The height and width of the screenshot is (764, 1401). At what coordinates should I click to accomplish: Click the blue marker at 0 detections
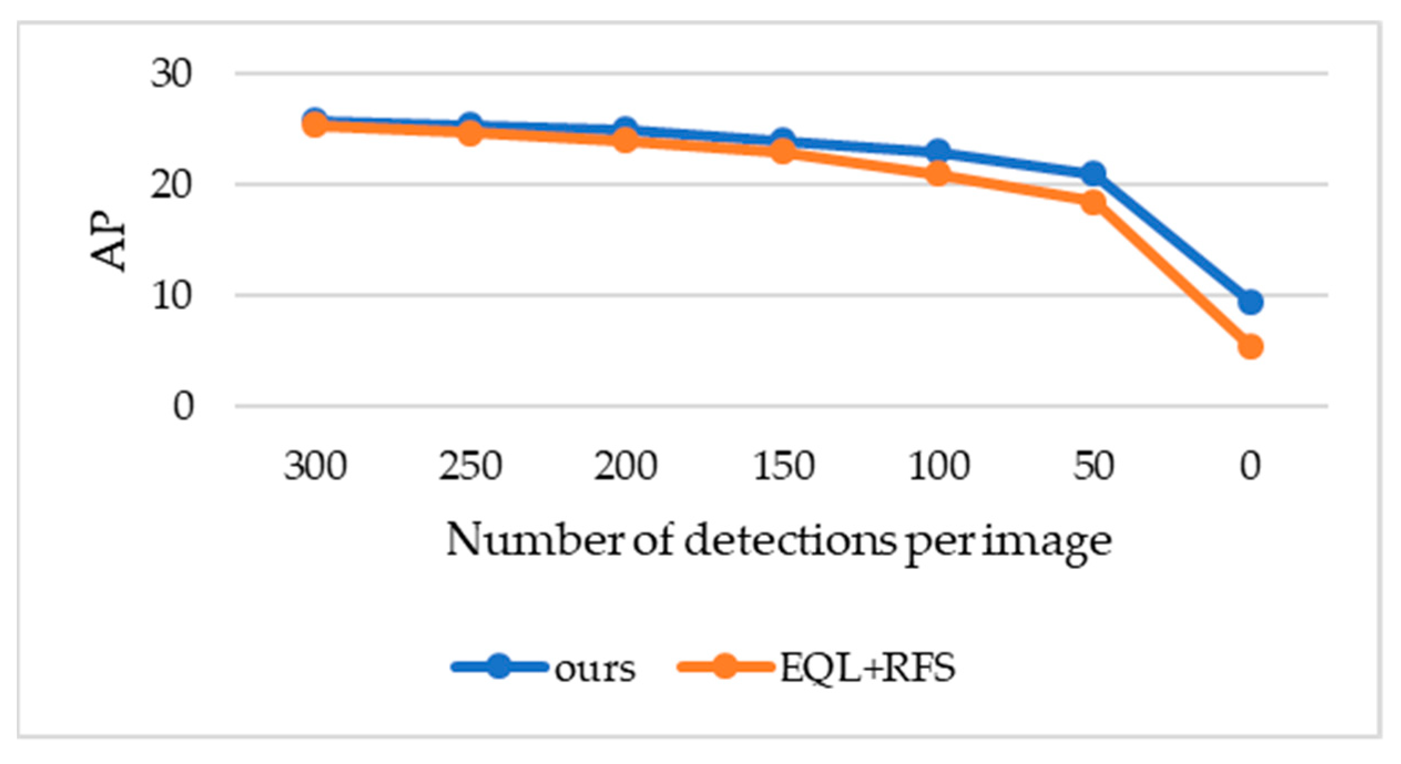tap(1250, 302)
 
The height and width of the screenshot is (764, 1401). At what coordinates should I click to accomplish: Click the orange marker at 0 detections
tap(1250, 347)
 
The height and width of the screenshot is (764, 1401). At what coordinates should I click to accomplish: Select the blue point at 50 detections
tap(1093, 173)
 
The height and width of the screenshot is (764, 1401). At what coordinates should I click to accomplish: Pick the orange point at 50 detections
tap(1093, 202)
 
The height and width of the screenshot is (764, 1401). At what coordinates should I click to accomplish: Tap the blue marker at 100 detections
tap(938, 151)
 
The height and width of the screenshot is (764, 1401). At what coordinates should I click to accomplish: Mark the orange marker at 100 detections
tap(938, 174)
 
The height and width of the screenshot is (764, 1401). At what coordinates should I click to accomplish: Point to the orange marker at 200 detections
tap(626, 140)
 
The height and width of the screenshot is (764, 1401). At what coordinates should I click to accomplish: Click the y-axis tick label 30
tap(171, 74)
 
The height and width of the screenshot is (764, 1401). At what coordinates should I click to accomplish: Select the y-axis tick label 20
tap(171, 185)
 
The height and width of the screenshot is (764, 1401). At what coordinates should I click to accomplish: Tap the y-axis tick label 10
tap(171, 296)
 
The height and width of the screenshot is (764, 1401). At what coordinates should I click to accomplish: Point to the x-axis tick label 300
tap(315, 466)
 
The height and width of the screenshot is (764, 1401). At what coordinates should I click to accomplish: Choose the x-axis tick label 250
tap(471, 466)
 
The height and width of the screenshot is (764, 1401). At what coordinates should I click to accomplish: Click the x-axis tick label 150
tap(783, 466)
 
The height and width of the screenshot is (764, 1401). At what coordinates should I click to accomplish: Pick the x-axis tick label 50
tap(1093, 466)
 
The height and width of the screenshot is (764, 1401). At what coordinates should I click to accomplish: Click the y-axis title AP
tap(109, 241)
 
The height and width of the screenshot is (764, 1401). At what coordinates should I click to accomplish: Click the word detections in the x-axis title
tap(789, 540)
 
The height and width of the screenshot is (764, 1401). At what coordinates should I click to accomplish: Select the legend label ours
tap(595, 669)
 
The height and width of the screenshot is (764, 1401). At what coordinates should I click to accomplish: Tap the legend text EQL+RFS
tap(867, 668)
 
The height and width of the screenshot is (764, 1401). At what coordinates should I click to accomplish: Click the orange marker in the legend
tap(724, 666)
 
